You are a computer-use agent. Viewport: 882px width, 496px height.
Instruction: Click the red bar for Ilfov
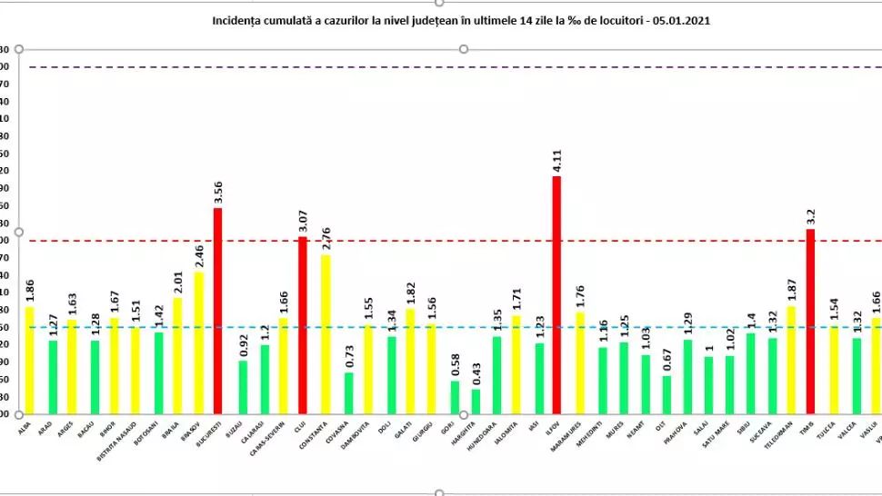(556, 295)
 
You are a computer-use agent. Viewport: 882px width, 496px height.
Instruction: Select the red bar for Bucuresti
(217, 312)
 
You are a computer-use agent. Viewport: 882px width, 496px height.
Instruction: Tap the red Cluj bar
(303, 325)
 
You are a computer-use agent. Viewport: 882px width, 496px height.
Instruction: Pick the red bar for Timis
(810, 322)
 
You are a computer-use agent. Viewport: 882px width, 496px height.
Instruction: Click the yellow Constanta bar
(325, 334)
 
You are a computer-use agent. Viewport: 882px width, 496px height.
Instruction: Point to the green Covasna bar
(348, 393)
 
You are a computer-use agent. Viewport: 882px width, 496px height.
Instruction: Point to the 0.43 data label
(476, 373)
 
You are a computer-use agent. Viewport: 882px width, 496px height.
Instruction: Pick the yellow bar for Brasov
(198, 342)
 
